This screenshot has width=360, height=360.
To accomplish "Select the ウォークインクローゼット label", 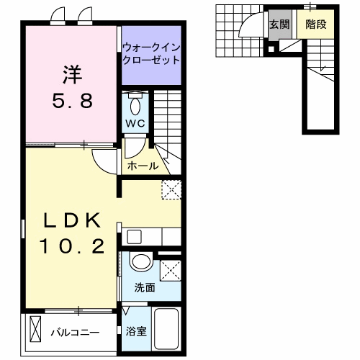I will tap(150, 55).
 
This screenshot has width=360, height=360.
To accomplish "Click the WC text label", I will tap(136, 123).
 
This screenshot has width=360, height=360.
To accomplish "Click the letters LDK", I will tap(69, 220).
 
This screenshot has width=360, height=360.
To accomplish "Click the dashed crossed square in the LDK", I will tap(171, 189).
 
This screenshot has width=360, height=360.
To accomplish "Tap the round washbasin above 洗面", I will tap(142, 263).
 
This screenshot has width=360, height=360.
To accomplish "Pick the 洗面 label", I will tap(145, 289).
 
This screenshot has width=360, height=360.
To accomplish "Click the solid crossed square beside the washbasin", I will tap(171, 270).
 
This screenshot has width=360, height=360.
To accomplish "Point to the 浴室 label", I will tap(135, 332).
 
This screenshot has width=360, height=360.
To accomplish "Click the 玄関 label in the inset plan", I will tap(279, 24).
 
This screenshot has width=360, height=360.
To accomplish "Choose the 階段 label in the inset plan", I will tap(315, 24).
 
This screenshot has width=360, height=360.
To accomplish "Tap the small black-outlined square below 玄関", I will tap(271, 49).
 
